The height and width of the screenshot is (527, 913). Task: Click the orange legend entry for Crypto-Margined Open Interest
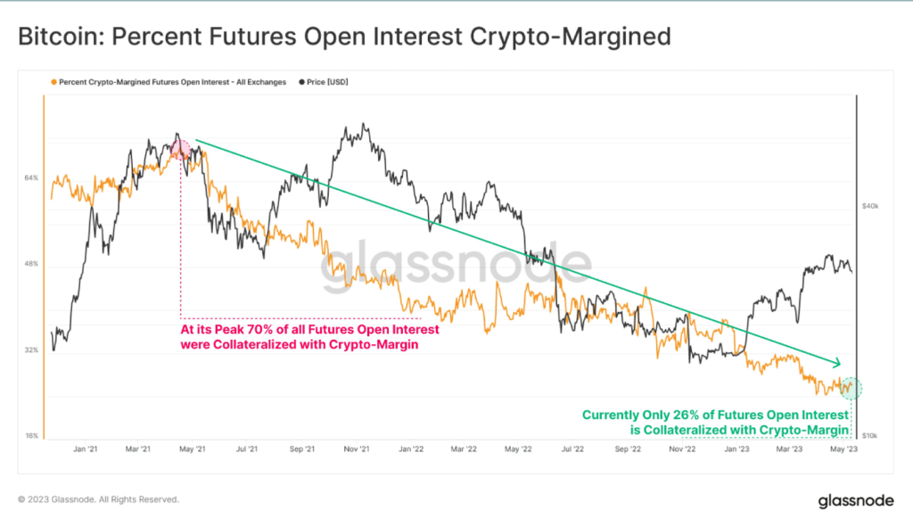pyautogui.click(x=169, y=82)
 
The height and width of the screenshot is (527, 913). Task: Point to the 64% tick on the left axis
pyautogui.click(x=30, y=178)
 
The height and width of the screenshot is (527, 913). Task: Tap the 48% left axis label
pyautogui.click(x=30, y=264)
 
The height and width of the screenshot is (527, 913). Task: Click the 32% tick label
pyautogui.click(x=30, y=350)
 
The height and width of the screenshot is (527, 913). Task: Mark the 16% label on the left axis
pyautogui.click(x=30, y=436)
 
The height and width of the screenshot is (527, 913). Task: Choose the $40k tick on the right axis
pyautogui.click(x=870, y=205)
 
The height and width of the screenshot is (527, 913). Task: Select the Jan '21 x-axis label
pyautogui.click(x=85, y=449)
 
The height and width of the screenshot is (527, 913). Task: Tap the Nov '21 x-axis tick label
pyautogui.click(x=358, y=449)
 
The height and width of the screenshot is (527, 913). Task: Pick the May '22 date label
pyautogui.click(x=519, y=449)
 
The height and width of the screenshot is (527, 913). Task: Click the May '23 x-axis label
pyautogui.click(x=844, y=449)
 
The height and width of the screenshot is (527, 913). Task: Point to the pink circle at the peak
pyautogui.click(x=181, y=149)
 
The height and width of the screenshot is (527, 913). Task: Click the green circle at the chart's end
pyautogui.click(x=851, y=388)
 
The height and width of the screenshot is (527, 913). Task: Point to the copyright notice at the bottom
pyautogui.click(x=98, y=499)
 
